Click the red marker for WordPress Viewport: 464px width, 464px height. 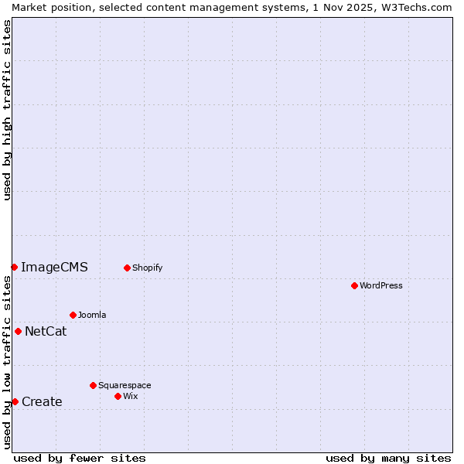pos(354,285)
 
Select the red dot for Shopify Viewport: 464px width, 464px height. pos(127,268)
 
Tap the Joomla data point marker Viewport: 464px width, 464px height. pos(73,315)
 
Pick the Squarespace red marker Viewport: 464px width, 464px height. pos(93,385)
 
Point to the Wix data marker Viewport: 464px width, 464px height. pos(118,396)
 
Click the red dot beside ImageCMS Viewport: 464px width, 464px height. pos(14,267)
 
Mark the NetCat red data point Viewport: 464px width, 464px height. pos(18,331)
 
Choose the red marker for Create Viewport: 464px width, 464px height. pos(15,401)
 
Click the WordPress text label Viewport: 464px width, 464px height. pos(381,285)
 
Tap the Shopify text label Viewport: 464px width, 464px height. pos(147,268)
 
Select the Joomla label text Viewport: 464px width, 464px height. pos(92,315)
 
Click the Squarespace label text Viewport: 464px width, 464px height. pos(125,385)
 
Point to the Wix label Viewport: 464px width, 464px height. pos(131,396)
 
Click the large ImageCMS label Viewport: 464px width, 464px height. pos(54,268)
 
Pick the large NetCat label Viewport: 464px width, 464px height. pos(46,332)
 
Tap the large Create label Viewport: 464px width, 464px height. pos(42,402)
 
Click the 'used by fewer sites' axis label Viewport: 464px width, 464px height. pos(80,458)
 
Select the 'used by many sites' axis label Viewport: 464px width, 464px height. pos(388,458)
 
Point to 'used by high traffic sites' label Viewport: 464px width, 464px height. pos(7,110)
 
